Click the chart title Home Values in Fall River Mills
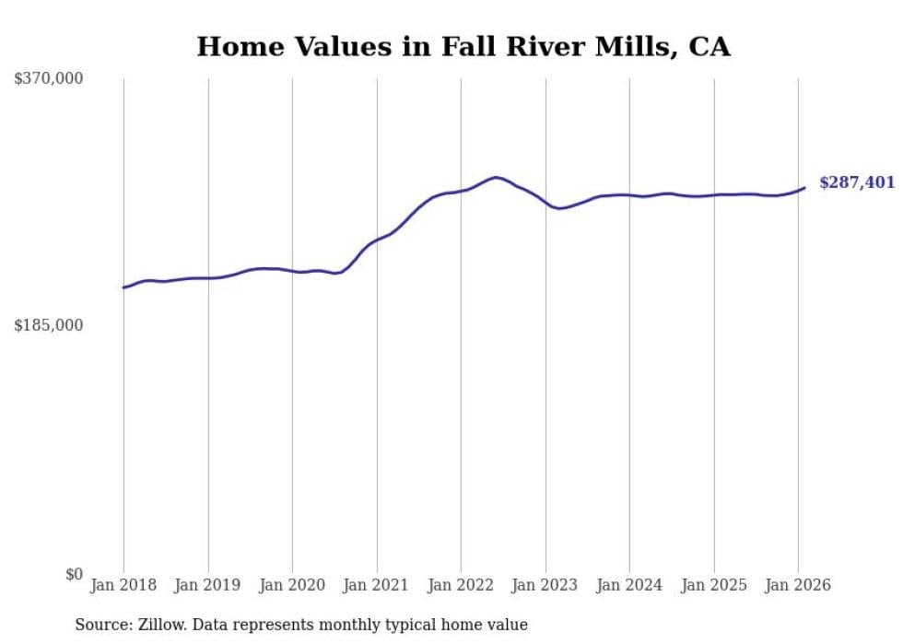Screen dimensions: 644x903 tap(463, 46)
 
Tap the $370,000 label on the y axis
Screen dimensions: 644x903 tap(49, 79)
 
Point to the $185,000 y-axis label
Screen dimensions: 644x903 tap(49, 325)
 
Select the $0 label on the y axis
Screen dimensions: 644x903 tap(74, 574)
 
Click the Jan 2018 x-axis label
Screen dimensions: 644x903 tap(123, 585)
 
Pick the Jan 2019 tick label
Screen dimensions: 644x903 tap(208, 585)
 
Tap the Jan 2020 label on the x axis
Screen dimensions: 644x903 tap(292, 585)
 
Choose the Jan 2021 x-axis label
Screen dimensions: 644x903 tap(377, 585)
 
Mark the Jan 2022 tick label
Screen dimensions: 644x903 tap(461, 585)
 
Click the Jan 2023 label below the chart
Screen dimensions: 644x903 tap(545, 585)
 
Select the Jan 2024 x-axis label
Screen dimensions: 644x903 tap(629, 585)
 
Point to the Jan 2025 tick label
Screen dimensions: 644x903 tap(714, 585)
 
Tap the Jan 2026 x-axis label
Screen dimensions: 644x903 tap(798, 585)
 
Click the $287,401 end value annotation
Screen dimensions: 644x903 tap(857, 182)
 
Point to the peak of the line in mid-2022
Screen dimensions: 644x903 tap(496, 177)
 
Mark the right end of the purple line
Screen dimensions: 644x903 tap(804, 188)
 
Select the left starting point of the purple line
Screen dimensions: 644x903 tap(123, 287)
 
